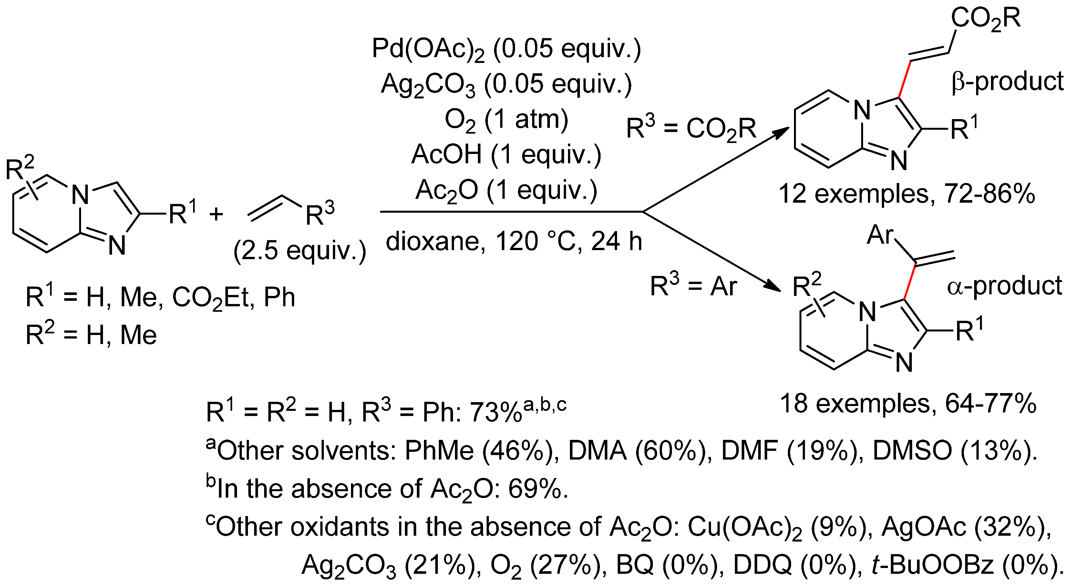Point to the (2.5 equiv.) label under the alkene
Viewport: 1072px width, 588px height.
300,251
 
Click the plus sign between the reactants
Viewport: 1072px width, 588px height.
216,215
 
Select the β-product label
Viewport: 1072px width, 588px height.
1007,81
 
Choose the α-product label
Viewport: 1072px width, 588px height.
1004,286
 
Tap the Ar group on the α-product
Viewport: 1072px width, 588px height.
880,235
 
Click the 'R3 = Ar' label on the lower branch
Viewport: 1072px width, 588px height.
693,286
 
